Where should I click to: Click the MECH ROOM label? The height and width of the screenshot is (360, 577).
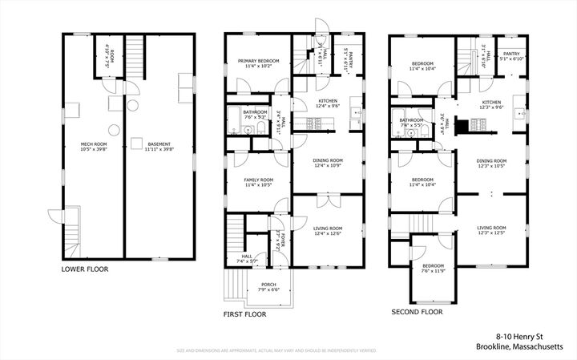point(94,145)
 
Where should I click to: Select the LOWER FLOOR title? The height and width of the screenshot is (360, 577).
point(84,269)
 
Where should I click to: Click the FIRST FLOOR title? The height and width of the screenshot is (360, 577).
point(244,315)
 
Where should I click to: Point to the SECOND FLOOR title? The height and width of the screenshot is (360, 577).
point(417,311)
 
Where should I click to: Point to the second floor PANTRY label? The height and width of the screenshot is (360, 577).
point(511,56)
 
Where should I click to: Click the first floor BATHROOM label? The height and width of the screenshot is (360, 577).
point(255,113)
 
